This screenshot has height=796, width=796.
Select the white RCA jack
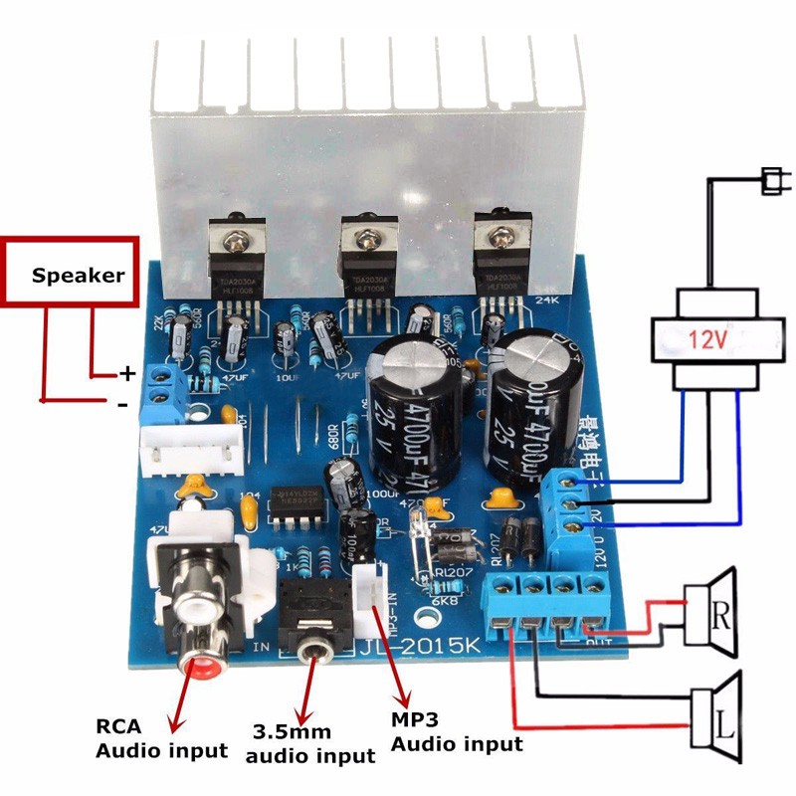tap(195, 603)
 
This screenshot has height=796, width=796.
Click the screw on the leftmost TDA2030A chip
tap(233, 239)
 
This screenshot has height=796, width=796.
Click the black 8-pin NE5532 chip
tap(296, 503)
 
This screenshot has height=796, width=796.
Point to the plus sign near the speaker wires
tap(126, 374)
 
